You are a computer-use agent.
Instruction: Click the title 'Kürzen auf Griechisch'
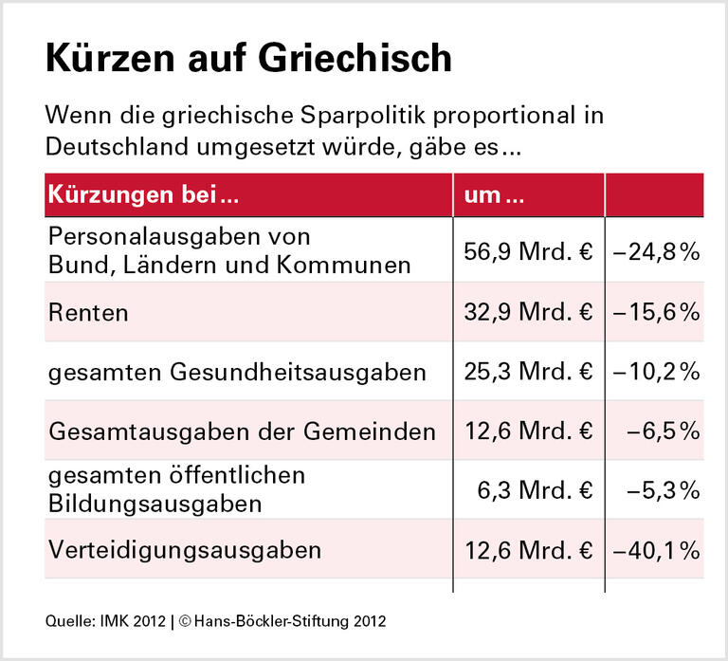[x=248, y=60]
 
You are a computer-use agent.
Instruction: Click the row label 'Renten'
[x=88, y=312]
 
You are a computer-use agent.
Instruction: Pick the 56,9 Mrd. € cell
[x=528, y=252]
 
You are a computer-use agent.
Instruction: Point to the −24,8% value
[x=656, y=252]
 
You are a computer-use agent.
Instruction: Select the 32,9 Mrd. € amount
[x=528, y=312]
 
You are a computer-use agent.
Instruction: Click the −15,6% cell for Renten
[x=656, y=312]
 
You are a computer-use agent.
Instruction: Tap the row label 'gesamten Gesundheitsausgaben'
[x=237, y=373]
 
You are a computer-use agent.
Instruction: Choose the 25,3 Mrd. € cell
[x=528, y=372]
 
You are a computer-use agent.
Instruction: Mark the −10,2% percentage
[x=656, y=372]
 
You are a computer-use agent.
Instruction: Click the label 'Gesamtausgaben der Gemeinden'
[x=242, y=431]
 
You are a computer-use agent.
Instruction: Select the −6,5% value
[x=663, y=431]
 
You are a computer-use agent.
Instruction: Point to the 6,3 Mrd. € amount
[x=537, y=490]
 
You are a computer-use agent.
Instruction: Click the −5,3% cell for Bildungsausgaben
[x=663, y=490]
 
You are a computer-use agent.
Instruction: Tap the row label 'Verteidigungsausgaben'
[x=185, y=549]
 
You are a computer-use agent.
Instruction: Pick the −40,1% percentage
[x=656, y=549]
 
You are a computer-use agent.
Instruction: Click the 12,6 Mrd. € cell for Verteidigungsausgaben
[x=528, y=549]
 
